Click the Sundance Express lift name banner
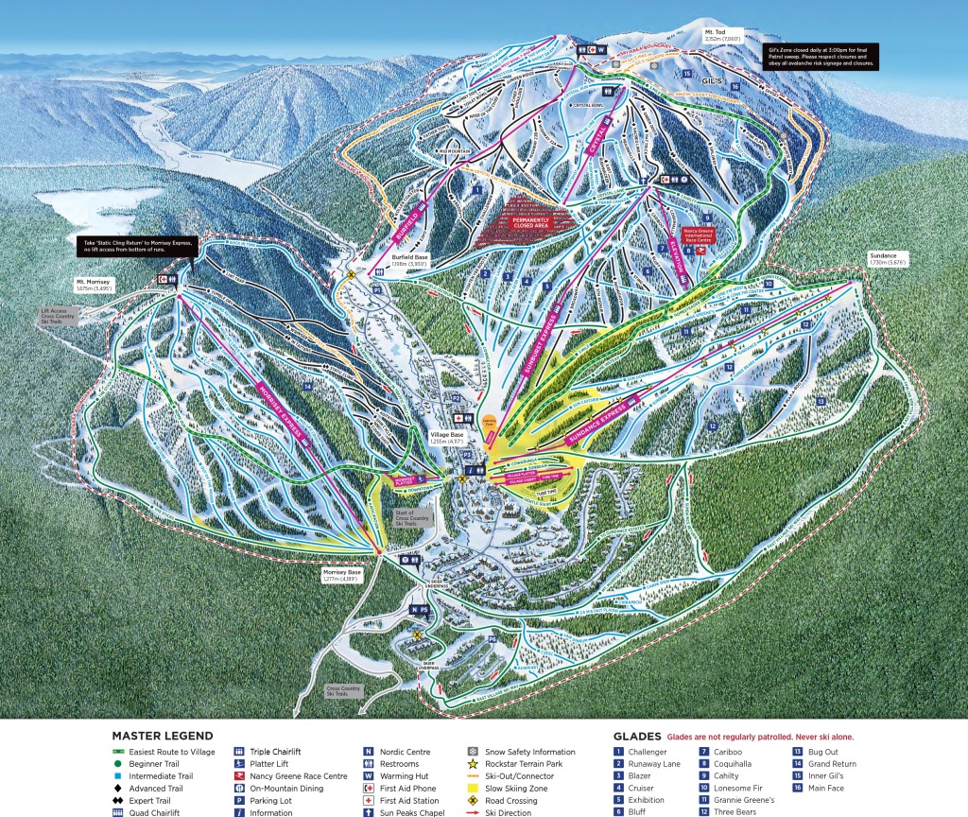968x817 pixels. [596, 426]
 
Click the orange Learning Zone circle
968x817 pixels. [489, 426]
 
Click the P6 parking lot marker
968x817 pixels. [493, 641]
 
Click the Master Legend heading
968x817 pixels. [163, 735]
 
